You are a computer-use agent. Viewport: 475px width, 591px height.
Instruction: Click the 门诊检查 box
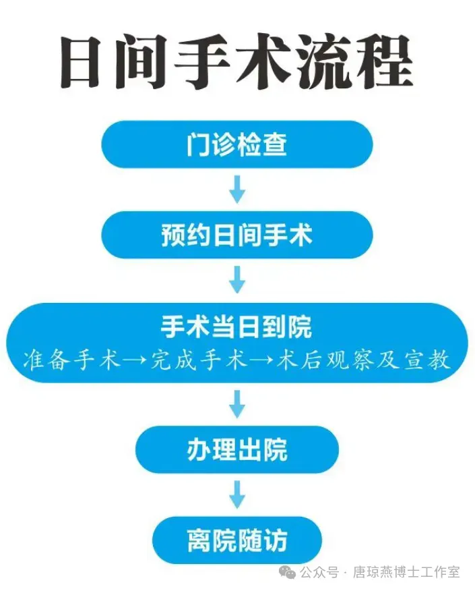236,144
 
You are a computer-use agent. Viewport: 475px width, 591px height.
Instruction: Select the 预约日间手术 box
236,235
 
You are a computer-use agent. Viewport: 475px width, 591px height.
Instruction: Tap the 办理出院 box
236,449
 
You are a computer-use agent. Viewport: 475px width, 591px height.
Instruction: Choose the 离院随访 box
236,540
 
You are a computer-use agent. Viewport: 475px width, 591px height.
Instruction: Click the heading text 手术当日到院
236,328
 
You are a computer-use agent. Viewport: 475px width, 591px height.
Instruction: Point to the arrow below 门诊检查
236,190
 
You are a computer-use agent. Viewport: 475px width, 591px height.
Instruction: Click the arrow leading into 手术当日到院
236,279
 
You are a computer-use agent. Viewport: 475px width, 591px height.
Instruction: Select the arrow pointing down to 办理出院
236,404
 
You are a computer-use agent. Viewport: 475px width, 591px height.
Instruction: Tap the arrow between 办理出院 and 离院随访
236,495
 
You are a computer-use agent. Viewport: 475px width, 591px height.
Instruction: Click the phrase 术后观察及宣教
365,360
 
